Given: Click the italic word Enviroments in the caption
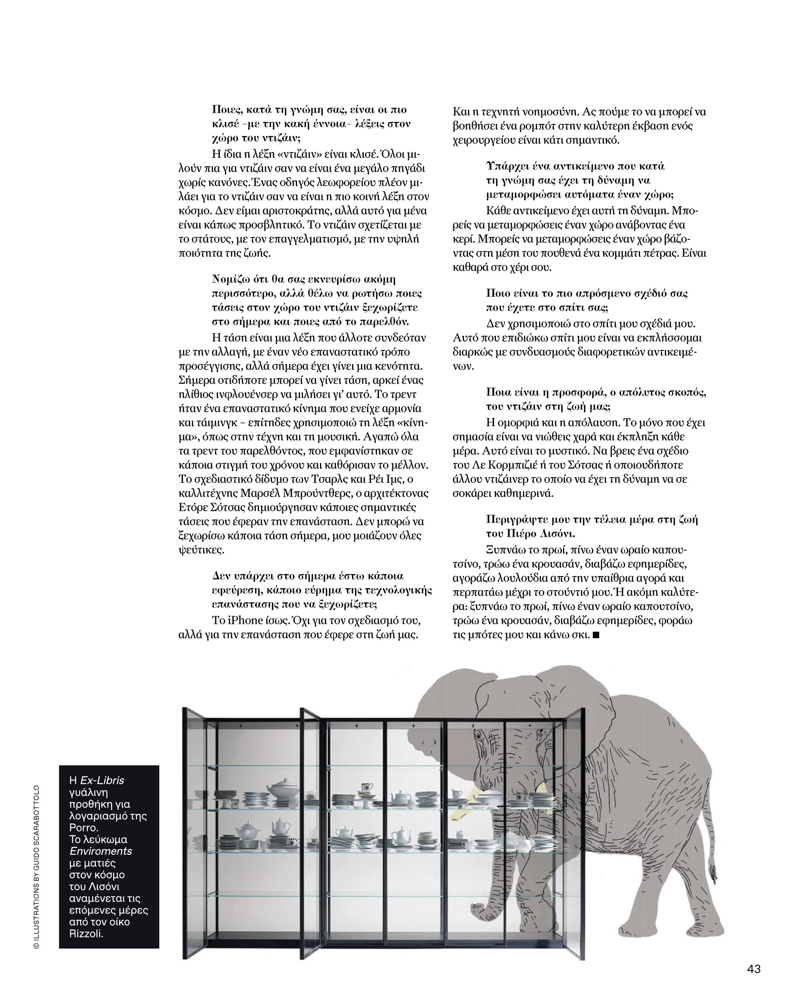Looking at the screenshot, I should (100, 851).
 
